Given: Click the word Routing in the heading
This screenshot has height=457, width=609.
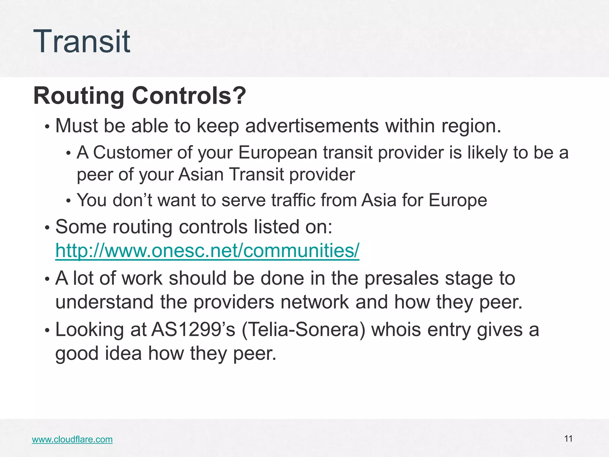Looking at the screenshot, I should click(79, 96).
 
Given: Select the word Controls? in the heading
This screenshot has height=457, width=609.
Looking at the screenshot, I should click(189, 96).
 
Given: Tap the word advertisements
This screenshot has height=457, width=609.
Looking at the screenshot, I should click(312, 126).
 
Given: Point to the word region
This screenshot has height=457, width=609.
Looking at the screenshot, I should click(471, 126).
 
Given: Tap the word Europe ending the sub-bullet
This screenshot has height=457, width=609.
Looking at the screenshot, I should click(458, 201).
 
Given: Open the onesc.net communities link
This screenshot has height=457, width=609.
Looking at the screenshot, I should click(207, 251).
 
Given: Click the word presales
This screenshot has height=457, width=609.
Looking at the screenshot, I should click(401, 278).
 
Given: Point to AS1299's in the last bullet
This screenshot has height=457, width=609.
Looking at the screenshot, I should click(193, 330).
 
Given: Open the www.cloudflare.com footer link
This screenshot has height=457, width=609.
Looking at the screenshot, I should click(72, 439).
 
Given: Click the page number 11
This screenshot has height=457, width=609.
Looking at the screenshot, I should click(568, 439).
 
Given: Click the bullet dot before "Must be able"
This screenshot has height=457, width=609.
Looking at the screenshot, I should click(47, 127).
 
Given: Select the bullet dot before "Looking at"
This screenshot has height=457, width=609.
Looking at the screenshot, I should click(47, 331).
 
